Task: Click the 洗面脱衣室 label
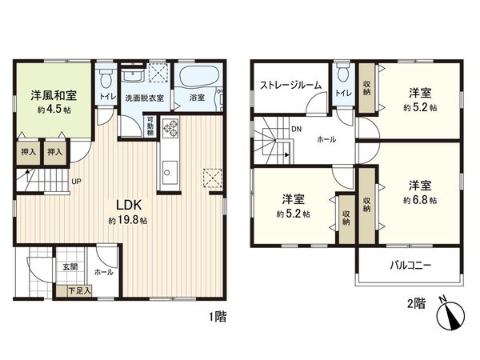[144, 98]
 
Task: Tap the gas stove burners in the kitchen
[170, 129]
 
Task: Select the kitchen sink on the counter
[170, 170]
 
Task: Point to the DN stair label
[296, 127]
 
